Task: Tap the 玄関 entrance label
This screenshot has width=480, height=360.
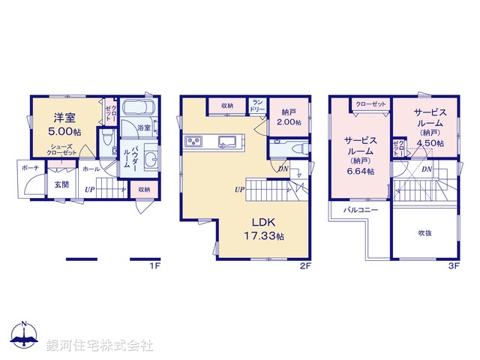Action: (61, 184)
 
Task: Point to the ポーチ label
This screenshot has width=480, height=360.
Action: (31, 168)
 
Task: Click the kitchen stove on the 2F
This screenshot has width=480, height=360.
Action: (193, 141)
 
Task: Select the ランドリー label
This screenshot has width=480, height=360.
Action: (257, 105)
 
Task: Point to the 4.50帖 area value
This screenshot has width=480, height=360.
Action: (430, 142)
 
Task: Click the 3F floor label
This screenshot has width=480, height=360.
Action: (452, 265)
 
